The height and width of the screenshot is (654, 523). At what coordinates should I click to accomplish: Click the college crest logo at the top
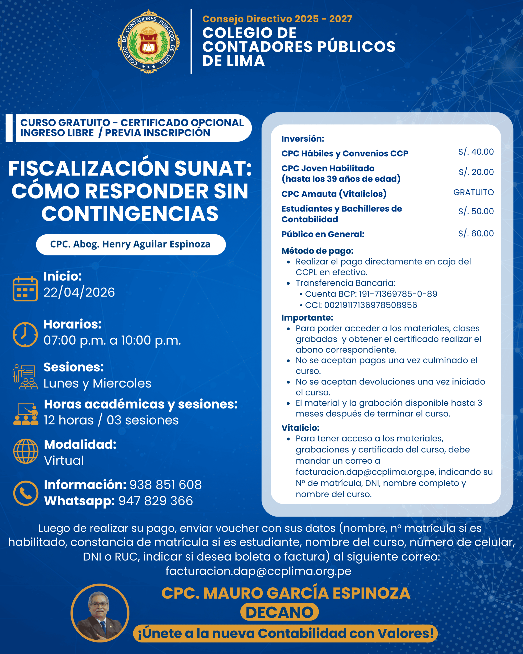[x=149, y=42]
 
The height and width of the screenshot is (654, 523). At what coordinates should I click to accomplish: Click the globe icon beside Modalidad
[x=26, y=451]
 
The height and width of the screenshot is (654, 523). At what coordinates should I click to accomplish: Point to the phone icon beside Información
[x=26, y=493]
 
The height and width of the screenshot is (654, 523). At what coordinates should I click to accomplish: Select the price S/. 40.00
[x=476, y=152]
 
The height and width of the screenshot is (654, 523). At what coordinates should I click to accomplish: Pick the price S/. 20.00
[x=476, y=172]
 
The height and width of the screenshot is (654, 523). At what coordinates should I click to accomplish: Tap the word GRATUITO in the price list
[x=473, y=192]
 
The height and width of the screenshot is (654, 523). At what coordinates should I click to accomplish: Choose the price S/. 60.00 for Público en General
[x=476, y=233]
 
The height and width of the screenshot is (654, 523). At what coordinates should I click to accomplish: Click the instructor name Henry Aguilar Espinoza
[x=130, y=244]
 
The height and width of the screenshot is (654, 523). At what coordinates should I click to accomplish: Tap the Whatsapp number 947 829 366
[x=156, y=501]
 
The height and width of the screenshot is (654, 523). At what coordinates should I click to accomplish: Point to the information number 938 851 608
[x=165, y=485]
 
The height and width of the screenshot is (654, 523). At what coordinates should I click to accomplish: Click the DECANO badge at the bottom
[x=279, y=612]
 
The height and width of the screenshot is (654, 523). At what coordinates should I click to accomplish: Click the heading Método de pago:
[x=317, y=251]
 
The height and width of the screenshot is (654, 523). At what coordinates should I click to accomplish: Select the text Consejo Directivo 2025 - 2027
[x=277, y=19]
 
